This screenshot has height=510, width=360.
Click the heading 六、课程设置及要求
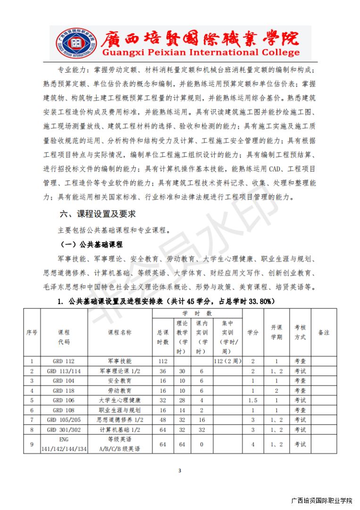(98, 214)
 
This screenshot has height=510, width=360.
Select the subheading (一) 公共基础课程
(92, 245)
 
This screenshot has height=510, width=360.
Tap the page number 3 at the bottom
(180, 470)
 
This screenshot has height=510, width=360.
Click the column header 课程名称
(120, 332)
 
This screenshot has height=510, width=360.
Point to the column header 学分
(253, 332)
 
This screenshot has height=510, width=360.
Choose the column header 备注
(324, 332)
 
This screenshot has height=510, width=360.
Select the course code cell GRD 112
(64, 361)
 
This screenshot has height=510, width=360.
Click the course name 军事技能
(120, 361)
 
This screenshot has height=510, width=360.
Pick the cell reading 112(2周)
(227, 361)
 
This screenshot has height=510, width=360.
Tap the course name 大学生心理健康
(120, 400)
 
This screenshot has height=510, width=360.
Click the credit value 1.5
(253, 400)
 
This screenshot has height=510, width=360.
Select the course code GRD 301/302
(64, 430)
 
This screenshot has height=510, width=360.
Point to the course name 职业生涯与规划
(120, 410)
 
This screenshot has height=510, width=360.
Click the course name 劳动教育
(120, 391)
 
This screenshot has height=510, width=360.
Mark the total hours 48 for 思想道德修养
(163, 420)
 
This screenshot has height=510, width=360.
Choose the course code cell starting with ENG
(64, 444)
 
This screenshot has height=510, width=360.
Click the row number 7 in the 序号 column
(32, 420)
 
